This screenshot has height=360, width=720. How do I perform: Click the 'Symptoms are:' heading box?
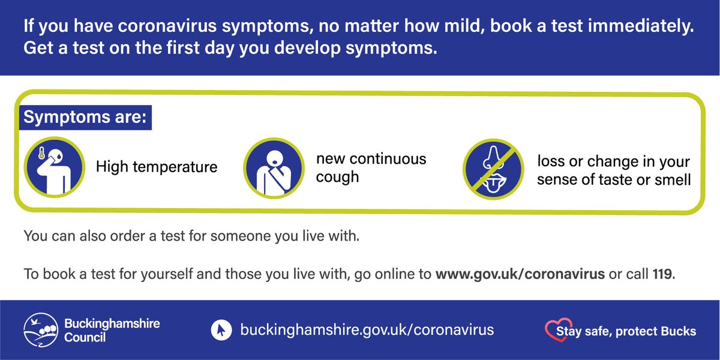(86, 117)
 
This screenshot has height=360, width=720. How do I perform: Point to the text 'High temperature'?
(157, 166)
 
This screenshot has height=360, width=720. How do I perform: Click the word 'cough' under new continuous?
(337, 178)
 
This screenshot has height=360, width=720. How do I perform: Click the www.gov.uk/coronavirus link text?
(520, 275)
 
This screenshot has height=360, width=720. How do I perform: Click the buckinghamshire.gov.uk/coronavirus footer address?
(367, 329)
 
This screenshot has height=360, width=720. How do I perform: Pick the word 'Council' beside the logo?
(85, 337)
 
